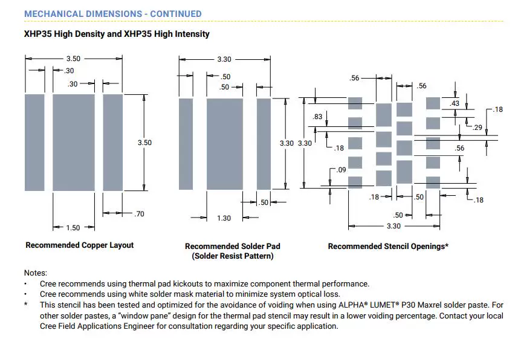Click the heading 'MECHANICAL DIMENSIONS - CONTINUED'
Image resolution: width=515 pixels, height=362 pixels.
(x=113, y=14)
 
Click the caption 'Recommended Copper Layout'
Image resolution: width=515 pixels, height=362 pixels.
(x=80, y=245)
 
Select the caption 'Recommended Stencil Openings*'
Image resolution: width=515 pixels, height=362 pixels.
(x=388, y=247)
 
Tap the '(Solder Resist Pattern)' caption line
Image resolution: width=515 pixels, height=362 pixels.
(x=233, y=256)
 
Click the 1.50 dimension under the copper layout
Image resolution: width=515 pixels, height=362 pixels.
(x=73, y=228)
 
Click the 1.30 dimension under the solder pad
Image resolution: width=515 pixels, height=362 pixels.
(x=224, y=218)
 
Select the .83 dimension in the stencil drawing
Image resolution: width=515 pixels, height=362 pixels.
(x=318, y=117)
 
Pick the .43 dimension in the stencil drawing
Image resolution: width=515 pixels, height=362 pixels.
(x=455, y=104)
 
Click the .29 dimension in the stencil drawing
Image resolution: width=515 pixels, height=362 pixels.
(x=478, y=128)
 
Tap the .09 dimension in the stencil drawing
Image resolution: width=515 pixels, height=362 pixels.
(x=342, y=170)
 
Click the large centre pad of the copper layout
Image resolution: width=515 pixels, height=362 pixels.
(x=74, y=143)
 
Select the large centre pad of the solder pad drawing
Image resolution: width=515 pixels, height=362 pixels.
(x=224, y=144)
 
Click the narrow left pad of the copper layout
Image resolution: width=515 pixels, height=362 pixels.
(x=34, y=143)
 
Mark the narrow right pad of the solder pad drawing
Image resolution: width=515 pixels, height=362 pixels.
(x=264, y=144)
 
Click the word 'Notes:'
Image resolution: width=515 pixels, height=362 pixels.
(x=36, y=273)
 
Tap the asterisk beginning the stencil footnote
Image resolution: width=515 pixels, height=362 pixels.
(x=26, y=305)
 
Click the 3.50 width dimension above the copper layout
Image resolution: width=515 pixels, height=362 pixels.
(x=73, y=59)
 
